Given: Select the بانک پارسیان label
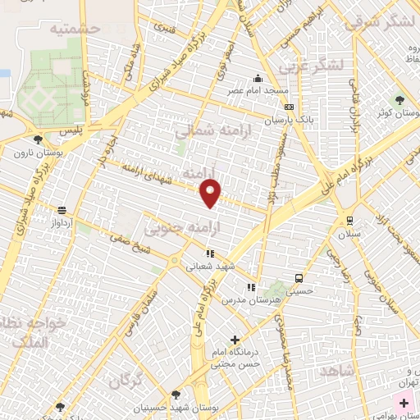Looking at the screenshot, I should [x=288, y=119].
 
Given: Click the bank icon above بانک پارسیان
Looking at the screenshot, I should [x=288, y=107].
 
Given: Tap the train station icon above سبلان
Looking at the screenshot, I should [x=349, y=220].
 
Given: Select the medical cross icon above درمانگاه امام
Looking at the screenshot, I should [x=235, y=340].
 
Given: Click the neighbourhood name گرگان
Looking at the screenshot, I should [x=124, y=379].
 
